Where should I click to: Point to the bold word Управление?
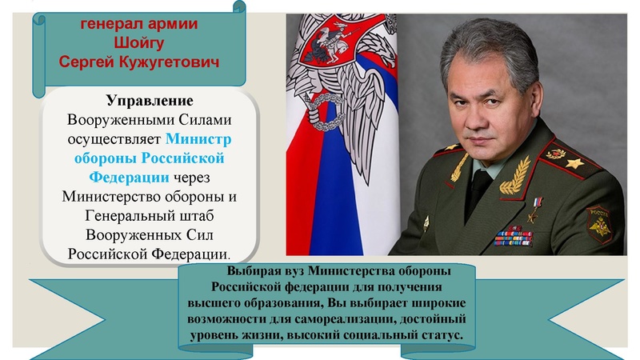(150, 102)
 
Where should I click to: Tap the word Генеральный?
(132, 215)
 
